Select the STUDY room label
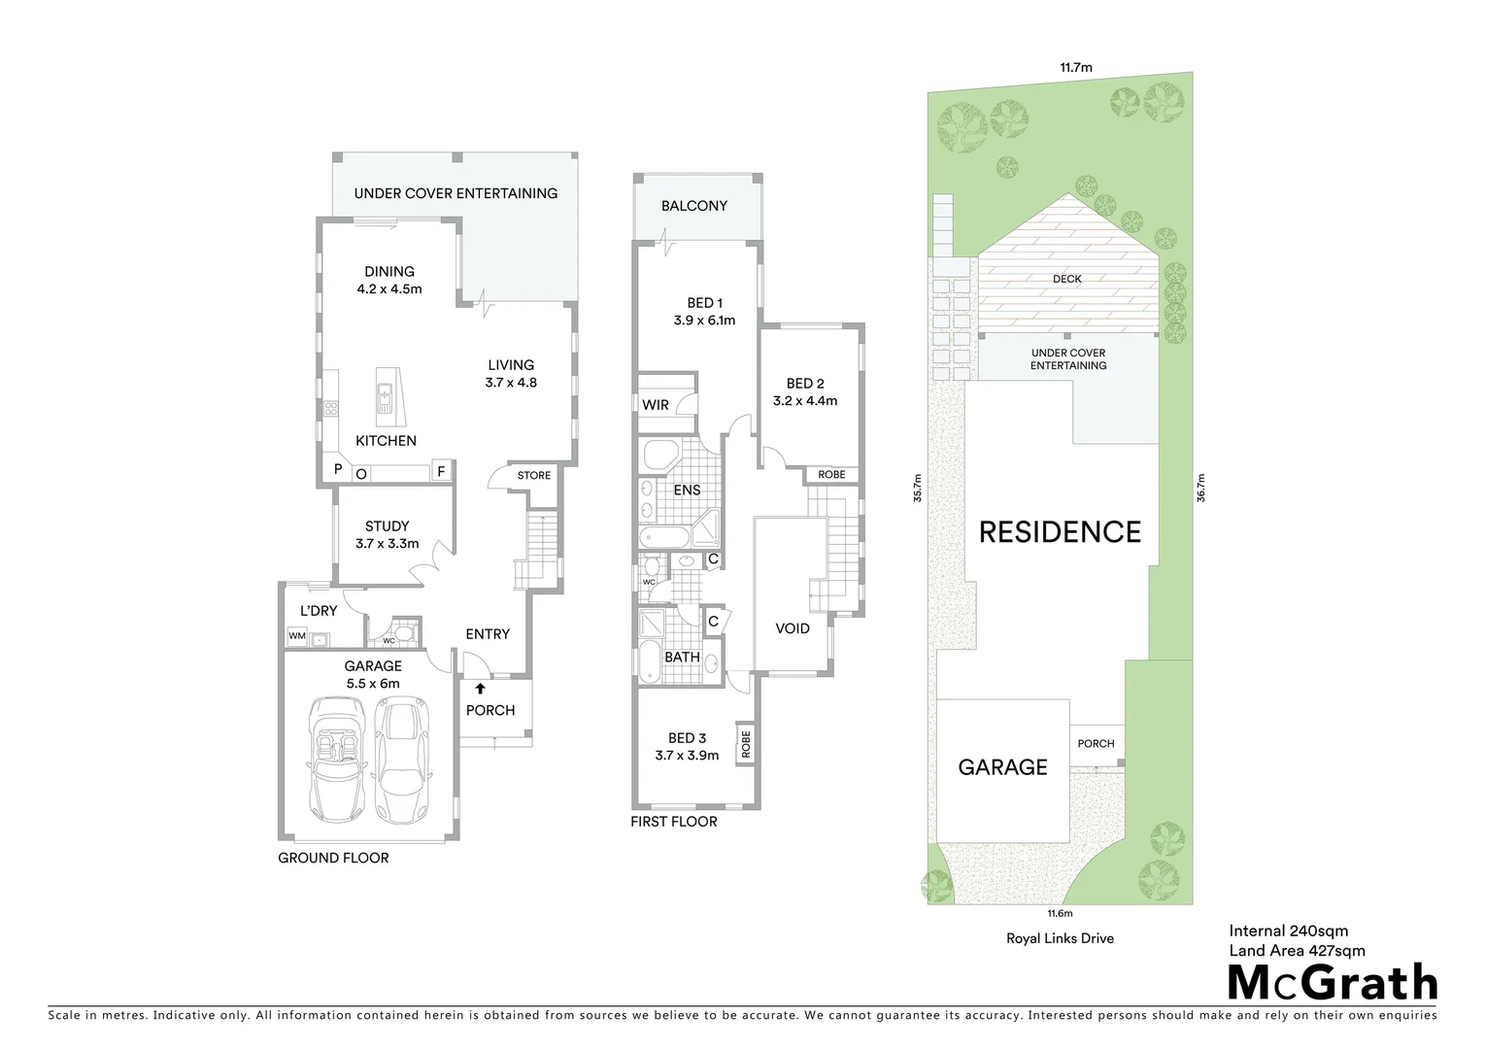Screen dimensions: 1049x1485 [387, 526]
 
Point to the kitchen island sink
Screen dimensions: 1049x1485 [386, 395]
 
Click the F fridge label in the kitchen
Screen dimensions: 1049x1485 [440, 472]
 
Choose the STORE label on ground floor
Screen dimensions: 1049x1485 [533, 476]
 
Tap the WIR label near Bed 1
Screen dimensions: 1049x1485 [656, 405]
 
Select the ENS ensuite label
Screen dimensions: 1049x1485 [687, 491]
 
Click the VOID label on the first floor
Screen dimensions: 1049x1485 [793, 628]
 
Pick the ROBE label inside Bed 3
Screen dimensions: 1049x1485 [746, 744]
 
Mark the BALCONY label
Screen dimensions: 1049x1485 [694, 206]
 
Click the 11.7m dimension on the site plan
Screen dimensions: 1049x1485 [1075, 68]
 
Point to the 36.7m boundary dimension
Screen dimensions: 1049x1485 [1200, 488]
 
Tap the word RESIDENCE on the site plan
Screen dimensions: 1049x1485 [1060, 532]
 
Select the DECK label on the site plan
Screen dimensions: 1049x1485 [1066, 279]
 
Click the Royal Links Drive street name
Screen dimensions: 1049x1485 [1060, 938]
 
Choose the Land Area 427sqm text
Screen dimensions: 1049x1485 [1297, 951]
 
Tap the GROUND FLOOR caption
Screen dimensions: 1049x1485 [333, 858]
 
